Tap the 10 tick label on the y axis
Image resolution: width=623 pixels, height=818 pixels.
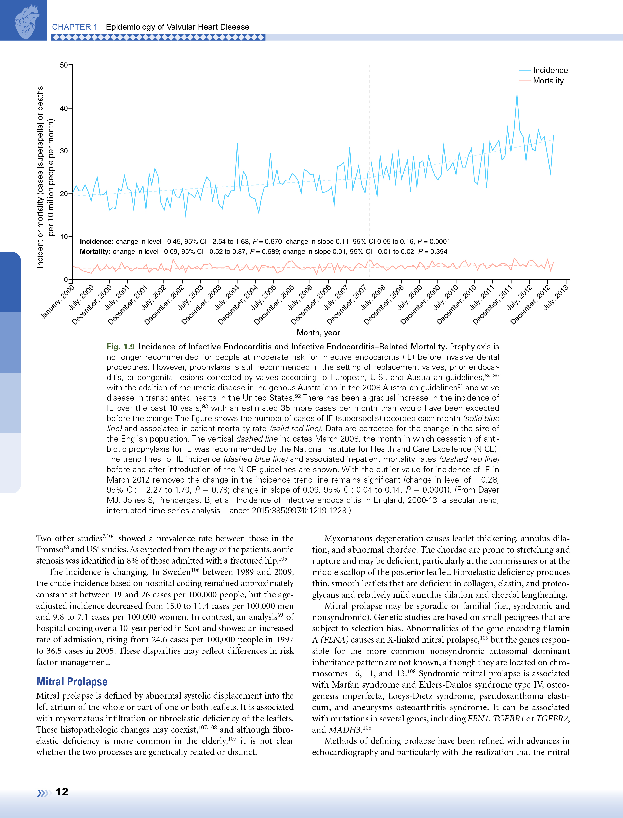point(64,237)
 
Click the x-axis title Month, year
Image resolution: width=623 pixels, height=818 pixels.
point(318,333)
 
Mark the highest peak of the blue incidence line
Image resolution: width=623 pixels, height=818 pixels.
point(517,94)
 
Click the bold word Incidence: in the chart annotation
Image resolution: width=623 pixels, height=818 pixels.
point(96,242)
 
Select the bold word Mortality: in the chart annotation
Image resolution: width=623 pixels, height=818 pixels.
point(95,252)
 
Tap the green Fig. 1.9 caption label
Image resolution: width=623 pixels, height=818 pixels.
point(120,347)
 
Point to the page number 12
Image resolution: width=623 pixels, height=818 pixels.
point(62,792)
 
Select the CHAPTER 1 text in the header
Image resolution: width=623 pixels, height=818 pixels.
point(75,27)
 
